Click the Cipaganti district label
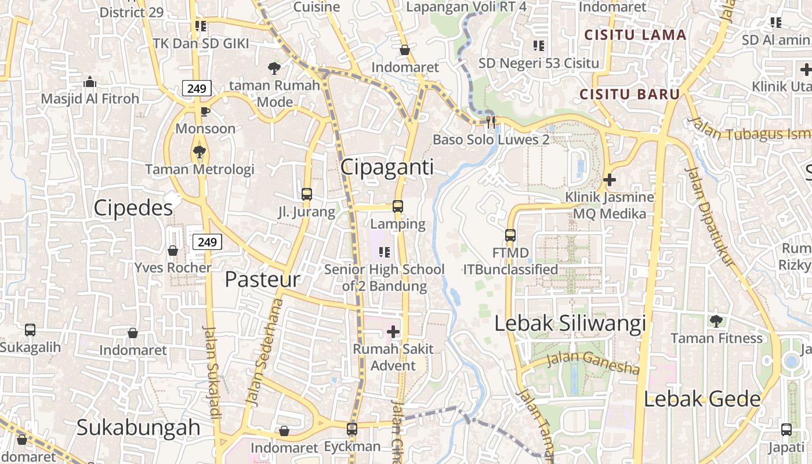pyautogui.click(x=387, y=167)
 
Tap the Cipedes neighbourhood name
pyautogui.click(x=133, y=208)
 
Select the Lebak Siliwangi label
pyautogui.click(x=570, y=324)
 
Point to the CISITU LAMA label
pyautogui.click(x=635, y=35)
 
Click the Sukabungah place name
pyautogui.click(x=139, y=427)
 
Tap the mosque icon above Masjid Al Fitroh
pyautogui.click(x=89, y=82)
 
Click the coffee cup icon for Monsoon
pyautogui.click(x=205, y=111)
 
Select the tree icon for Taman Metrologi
pyautogui.click(x=200, y=152)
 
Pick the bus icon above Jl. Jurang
pyautogui.click(x=307, y=194)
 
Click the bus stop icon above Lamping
pyautogui.click(x=398, y=206)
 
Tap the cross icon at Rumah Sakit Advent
pyautogui.click(x=393, y=332)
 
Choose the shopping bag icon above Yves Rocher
pyautogui.click(x=173, y=251)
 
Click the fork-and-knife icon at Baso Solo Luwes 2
pyautogui.click(x=491, y=122)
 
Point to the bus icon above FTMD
pyautogui.click(x=510, y=235)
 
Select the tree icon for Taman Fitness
pyautogui.click(x=716, y=321)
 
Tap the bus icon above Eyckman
pyautogui.click(x=352, y=429)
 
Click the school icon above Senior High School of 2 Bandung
pyautogui.click(x=384, y=252)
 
